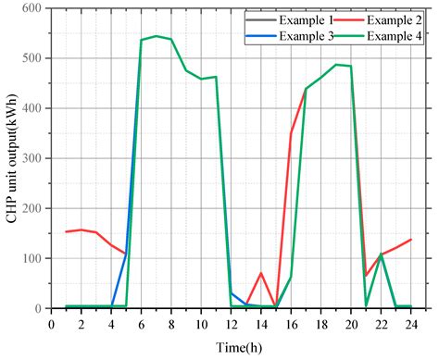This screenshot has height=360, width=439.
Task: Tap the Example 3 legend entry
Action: point(304,36)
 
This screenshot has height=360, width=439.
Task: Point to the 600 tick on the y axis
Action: point(33,8)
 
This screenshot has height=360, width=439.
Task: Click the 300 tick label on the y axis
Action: point(33,158)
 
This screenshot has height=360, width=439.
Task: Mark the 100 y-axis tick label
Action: point(33,258)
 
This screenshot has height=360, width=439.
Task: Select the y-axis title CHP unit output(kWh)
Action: point(11,157)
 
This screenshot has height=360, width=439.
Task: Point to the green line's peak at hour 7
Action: point(156,36)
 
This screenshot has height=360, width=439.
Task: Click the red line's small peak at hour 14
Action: point(261,273)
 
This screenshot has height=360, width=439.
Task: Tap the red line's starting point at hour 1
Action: point(67,231)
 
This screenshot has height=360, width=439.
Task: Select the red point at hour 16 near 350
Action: point(291,133)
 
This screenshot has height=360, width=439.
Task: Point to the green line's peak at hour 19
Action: point(335,65)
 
